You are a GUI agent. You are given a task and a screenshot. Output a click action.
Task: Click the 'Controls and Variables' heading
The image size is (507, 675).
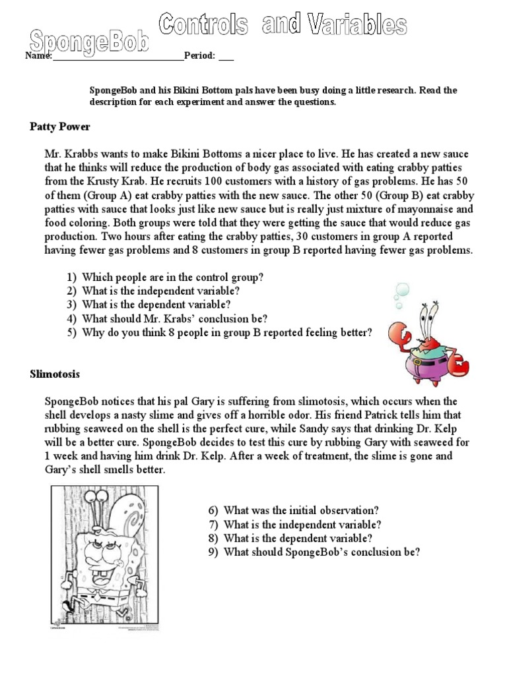click(282, 26)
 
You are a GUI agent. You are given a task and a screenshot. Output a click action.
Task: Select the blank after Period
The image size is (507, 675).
click(226, 57)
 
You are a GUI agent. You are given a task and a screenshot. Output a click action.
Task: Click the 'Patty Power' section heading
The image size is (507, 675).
click(60, 127)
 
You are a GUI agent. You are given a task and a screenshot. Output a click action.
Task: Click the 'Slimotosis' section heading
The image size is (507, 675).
click(55, 374)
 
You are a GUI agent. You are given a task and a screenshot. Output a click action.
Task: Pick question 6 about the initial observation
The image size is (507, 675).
click(293, 511)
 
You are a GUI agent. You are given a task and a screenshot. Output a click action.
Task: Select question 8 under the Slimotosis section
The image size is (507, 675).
click(290, 539)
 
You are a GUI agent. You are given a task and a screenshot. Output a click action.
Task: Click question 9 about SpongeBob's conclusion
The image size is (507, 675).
click(314, 552)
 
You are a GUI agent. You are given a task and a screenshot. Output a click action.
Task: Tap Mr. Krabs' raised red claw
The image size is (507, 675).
click(401, 335)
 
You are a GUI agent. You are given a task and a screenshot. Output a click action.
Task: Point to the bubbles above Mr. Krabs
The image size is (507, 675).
click(401, 294)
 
